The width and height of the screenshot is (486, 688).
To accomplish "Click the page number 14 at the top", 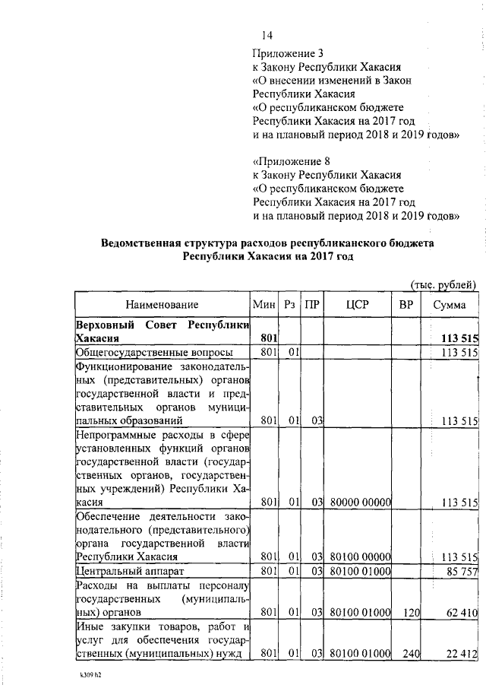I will tap(267, 36).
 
